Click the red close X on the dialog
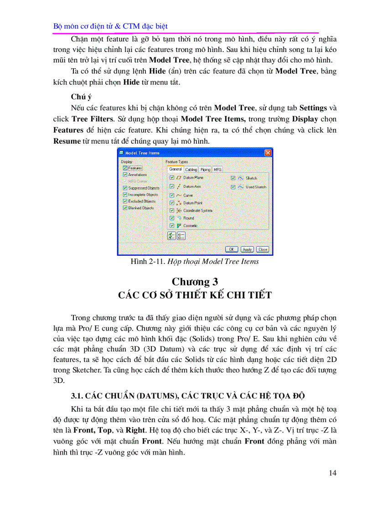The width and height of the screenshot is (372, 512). tap(268, 153)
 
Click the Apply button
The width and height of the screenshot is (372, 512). tap(247, 249)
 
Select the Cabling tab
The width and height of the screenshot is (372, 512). tap(191, 169)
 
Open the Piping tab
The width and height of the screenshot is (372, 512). tap(205, 169)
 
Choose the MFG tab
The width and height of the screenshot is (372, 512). tap(218, 169)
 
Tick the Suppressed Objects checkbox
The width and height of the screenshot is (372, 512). tap(125, 188)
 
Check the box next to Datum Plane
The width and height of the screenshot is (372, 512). tap(172, 177)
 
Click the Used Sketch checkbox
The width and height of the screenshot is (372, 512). tap(233, 187)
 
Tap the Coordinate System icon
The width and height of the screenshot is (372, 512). tap(179, 211)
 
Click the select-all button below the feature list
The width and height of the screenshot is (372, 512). tap(171, 235)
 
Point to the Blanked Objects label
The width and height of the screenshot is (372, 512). tap(141, 208)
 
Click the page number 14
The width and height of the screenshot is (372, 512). tap(332, 473)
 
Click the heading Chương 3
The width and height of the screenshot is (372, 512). tap(191, 281)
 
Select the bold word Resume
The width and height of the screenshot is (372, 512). tap(67, 141)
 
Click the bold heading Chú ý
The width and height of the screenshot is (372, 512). tap(82, 97)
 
